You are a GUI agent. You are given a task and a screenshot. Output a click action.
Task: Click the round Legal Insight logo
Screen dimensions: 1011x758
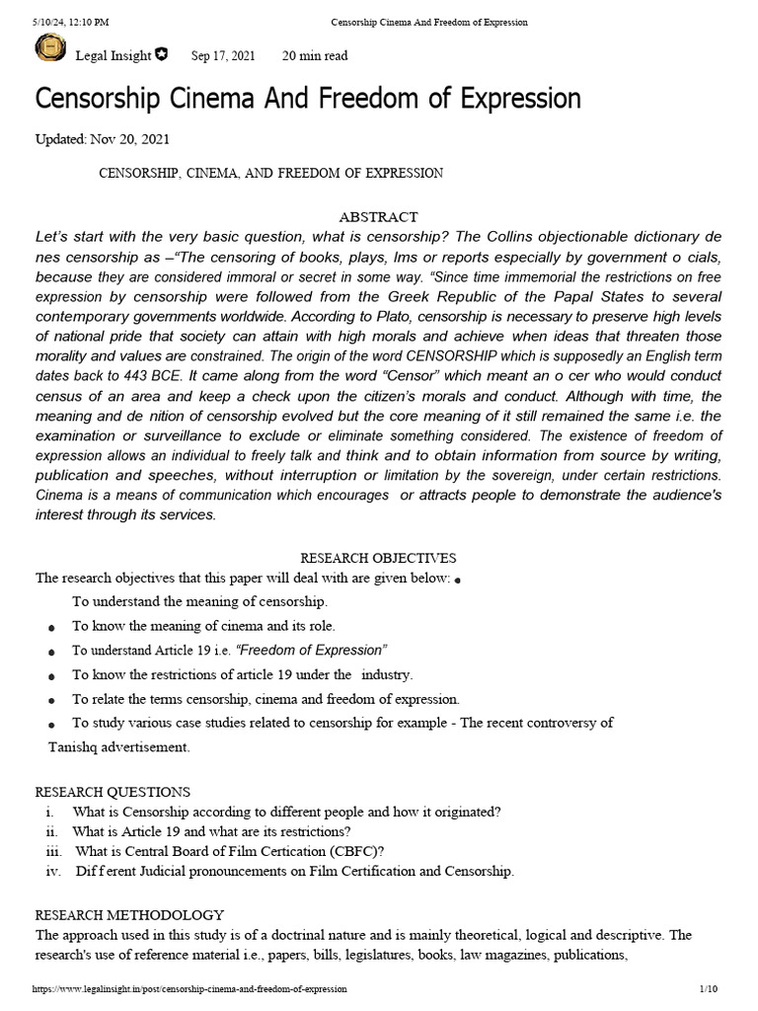coord(50,49)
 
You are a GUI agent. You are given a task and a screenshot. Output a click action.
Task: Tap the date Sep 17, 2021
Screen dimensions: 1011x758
coord(222,55)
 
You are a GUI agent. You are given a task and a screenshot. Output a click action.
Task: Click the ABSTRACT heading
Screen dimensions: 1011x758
coord(378,216)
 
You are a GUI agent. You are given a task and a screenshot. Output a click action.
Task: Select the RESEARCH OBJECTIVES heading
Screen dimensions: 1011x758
coord(378,558)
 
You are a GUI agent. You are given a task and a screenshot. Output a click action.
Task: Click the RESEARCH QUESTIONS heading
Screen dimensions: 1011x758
coord(113,792)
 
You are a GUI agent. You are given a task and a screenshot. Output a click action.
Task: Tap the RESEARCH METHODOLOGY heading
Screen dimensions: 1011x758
coord(129,914)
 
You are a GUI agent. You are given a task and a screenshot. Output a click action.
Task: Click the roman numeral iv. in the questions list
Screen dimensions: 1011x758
coord(53,871)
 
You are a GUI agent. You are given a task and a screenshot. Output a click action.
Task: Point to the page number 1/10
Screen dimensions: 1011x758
coord(708,988)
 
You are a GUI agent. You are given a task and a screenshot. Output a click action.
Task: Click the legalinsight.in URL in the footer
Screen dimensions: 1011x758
coord(189,988)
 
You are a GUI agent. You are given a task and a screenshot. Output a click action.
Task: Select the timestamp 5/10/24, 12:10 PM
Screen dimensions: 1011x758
coord(70,22)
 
